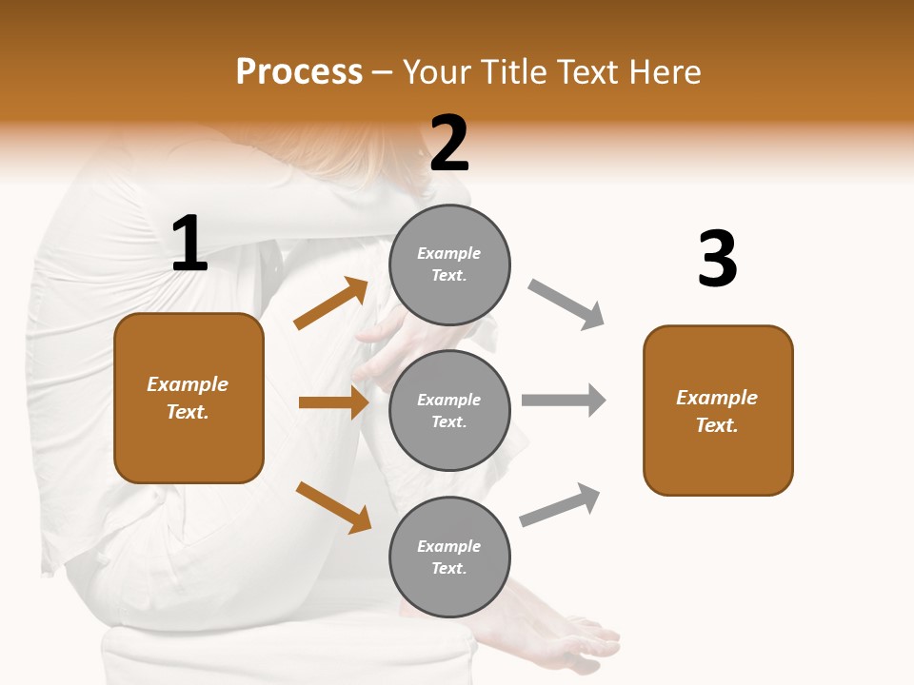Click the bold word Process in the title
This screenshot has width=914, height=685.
(x=299, y=72)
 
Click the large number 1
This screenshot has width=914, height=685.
(x=189, y=244)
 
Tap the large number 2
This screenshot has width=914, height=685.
(x=449, y=144)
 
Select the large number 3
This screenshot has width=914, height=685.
(x=717, y=260)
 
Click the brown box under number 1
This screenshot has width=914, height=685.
(x=189, y=398)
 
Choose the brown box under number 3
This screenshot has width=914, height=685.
(x=718, y=411)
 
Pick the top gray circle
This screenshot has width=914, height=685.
(x=449, y=264)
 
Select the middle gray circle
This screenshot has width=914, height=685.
(x=449, y=411)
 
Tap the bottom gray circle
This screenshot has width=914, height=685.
(x=449, y=558)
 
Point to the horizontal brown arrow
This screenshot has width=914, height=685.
(x=333, y=402)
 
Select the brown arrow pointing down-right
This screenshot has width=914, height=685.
(x=333, y=507)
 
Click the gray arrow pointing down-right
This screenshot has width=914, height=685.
(x=566, y=304)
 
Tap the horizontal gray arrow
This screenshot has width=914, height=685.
(x=564, y=400)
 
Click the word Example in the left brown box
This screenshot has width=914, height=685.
(x=188, y=384)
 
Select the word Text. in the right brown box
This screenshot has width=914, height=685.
(x=717, y=425)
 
